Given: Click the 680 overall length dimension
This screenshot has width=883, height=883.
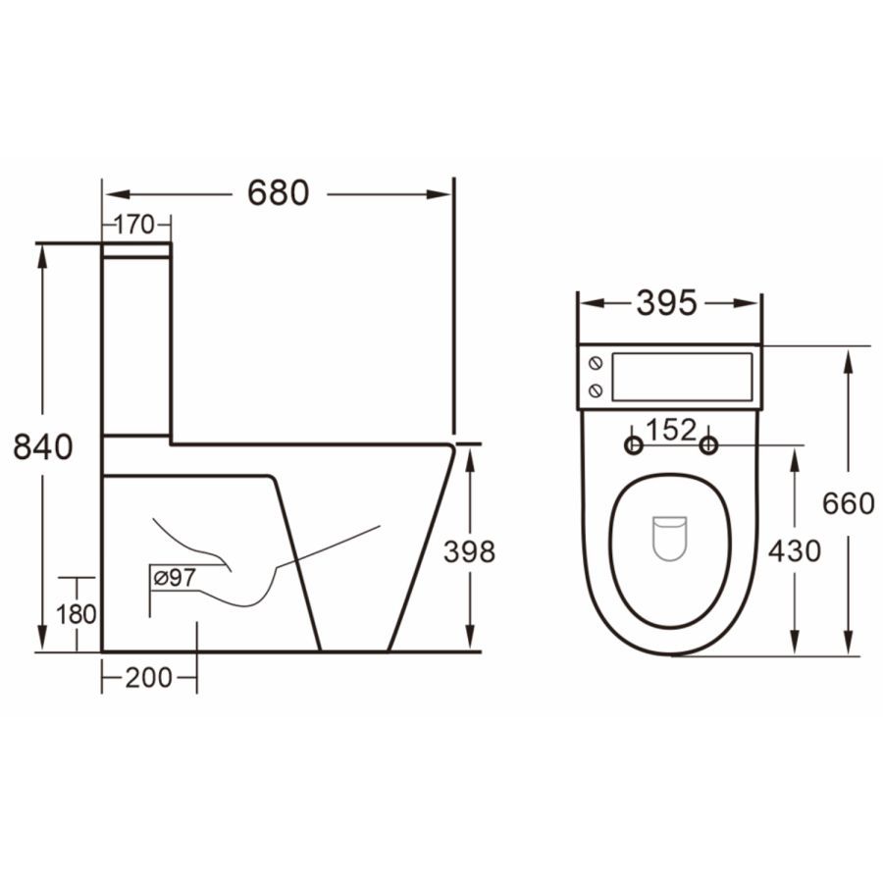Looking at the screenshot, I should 278,193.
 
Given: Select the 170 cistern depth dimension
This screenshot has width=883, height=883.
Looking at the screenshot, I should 135,225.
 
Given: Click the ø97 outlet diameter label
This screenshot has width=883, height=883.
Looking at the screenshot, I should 174,578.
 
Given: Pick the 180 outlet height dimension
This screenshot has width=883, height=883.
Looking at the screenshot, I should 77,614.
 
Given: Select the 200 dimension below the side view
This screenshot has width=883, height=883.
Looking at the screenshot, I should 148,677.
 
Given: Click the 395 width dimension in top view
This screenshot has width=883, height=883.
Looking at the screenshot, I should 667,303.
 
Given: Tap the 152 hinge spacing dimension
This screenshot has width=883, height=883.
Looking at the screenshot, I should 671,430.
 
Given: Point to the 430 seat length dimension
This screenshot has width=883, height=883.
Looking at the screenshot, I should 794,551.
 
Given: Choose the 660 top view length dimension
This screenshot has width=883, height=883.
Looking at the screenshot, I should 848,503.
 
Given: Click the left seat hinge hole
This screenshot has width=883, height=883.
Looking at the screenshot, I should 634,446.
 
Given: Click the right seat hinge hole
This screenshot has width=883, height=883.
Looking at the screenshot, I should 708,446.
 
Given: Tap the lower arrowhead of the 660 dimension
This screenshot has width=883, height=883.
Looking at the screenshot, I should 848,643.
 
